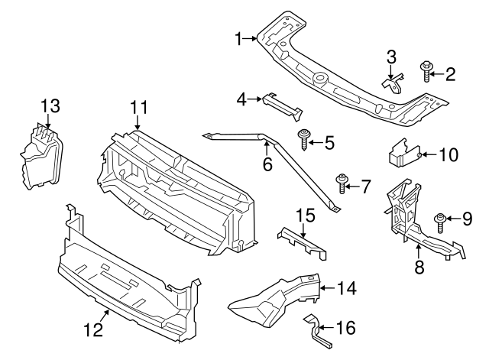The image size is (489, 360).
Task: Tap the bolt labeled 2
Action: [x=426, y=73]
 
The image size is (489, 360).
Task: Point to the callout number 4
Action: [x=241, y=98]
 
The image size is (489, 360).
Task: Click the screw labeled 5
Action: [x=306, y=140]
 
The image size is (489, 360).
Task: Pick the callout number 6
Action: [x=267, y=164]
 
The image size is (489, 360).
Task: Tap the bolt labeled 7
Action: [x=342, y=183]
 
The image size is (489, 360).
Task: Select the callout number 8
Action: [x=419, y=268]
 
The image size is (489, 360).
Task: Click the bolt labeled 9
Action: [x=441, y=222]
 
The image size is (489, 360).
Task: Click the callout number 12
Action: [x=91, y=330]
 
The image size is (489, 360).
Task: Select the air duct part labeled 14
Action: [x=275, y=298]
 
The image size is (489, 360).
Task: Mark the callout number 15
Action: [x=305, y=217]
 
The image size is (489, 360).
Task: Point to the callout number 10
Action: [x=448, y=155]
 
